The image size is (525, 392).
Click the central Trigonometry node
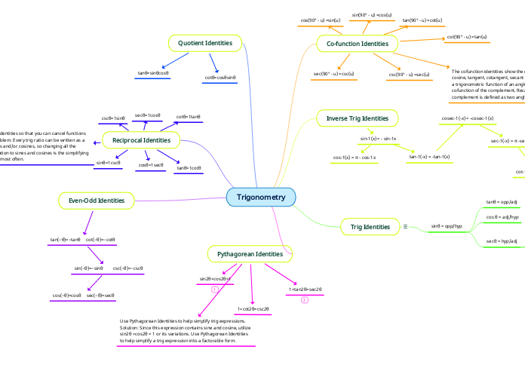click(x=261, y=198)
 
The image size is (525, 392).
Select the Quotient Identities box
click(x=204, y=44)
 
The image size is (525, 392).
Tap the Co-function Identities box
click(x=357, y=44)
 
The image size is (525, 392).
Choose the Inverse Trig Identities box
click(x=357, y=118)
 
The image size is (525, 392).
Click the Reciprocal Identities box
click(x=141, y=140)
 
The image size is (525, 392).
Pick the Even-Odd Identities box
click(x=97, y=200)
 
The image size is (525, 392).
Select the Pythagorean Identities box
click(x=250, y=254)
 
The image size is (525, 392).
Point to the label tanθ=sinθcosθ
click(x=153, y=73)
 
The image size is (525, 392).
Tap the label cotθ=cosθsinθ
click(x=220, y=78)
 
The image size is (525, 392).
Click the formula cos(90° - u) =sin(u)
click(x=321, y=19)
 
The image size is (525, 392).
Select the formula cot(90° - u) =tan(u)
click(x=467, y=36)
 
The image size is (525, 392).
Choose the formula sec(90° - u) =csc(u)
click(x=334, y=74)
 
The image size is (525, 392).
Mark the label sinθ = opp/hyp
click(x=447, y=225)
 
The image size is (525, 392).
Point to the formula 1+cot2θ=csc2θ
click(x=253, y=309)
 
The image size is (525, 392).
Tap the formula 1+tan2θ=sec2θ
click(x=305, y=289)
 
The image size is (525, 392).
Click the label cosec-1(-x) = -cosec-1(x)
click(x=468, y=118)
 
